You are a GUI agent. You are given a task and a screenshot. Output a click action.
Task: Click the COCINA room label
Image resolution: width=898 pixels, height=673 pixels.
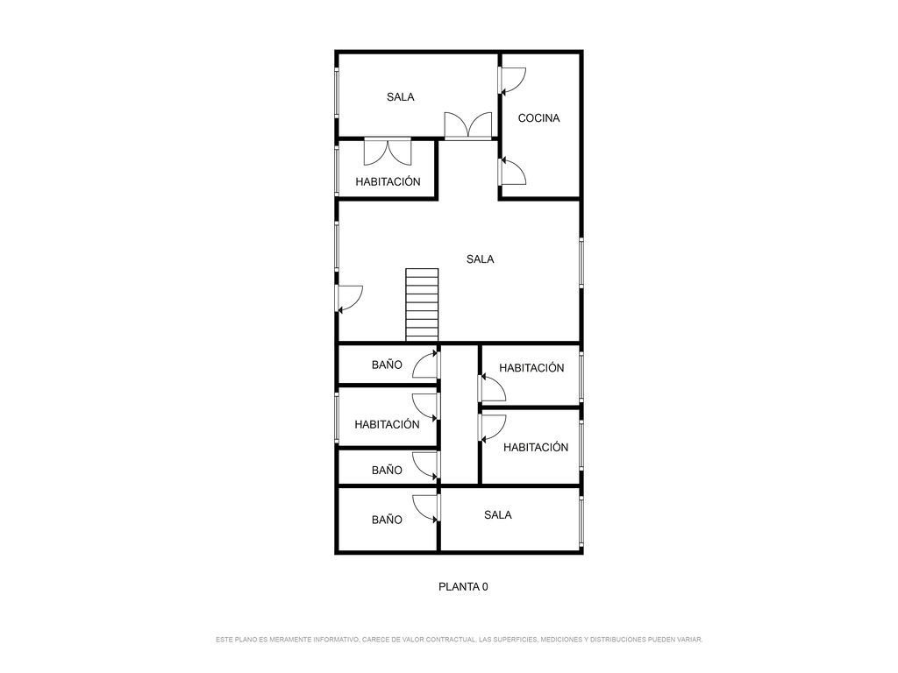538,118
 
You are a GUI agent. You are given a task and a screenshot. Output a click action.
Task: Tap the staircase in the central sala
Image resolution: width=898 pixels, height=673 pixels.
422,304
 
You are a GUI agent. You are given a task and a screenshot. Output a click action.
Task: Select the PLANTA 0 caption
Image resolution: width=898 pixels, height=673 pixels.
463,586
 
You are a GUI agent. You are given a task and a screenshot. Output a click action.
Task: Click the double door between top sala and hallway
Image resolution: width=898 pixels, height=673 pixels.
468,126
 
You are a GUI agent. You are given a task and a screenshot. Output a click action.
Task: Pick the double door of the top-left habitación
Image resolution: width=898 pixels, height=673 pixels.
388,152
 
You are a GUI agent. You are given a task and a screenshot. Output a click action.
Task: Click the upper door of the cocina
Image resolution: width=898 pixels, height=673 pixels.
511,81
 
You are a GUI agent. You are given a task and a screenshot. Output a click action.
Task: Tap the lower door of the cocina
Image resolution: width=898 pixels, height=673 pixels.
511,172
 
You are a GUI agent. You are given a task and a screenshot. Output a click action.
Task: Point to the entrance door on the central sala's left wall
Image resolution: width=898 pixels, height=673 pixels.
349,299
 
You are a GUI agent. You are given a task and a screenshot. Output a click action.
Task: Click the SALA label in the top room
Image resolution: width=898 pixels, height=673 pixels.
400,97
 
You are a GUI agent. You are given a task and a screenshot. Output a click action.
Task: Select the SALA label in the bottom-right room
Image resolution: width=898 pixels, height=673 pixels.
498,515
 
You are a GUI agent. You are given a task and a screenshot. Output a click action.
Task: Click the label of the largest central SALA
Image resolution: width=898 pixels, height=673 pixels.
480,259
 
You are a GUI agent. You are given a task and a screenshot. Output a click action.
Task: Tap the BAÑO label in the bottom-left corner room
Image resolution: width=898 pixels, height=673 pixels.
387,520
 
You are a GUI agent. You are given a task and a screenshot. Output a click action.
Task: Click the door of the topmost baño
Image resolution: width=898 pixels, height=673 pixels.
426,365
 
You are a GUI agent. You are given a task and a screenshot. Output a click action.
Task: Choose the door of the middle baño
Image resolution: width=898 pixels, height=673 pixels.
426,464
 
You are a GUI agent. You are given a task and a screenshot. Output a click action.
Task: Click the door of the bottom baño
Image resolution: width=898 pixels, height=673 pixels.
426,508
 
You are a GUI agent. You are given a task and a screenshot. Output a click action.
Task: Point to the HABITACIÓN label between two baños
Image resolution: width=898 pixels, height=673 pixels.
387,425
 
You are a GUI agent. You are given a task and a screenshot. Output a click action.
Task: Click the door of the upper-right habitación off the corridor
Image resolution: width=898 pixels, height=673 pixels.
492,387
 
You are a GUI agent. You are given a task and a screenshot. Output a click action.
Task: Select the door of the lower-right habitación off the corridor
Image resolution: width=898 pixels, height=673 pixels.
492,428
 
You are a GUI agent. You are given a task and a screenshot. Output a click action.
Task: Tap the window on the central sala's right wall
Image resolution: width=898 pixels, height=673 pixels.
581,263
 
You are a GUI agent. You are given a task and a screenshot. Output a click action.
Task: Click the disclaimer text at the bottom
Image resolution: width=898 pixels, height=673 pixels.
459,640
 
